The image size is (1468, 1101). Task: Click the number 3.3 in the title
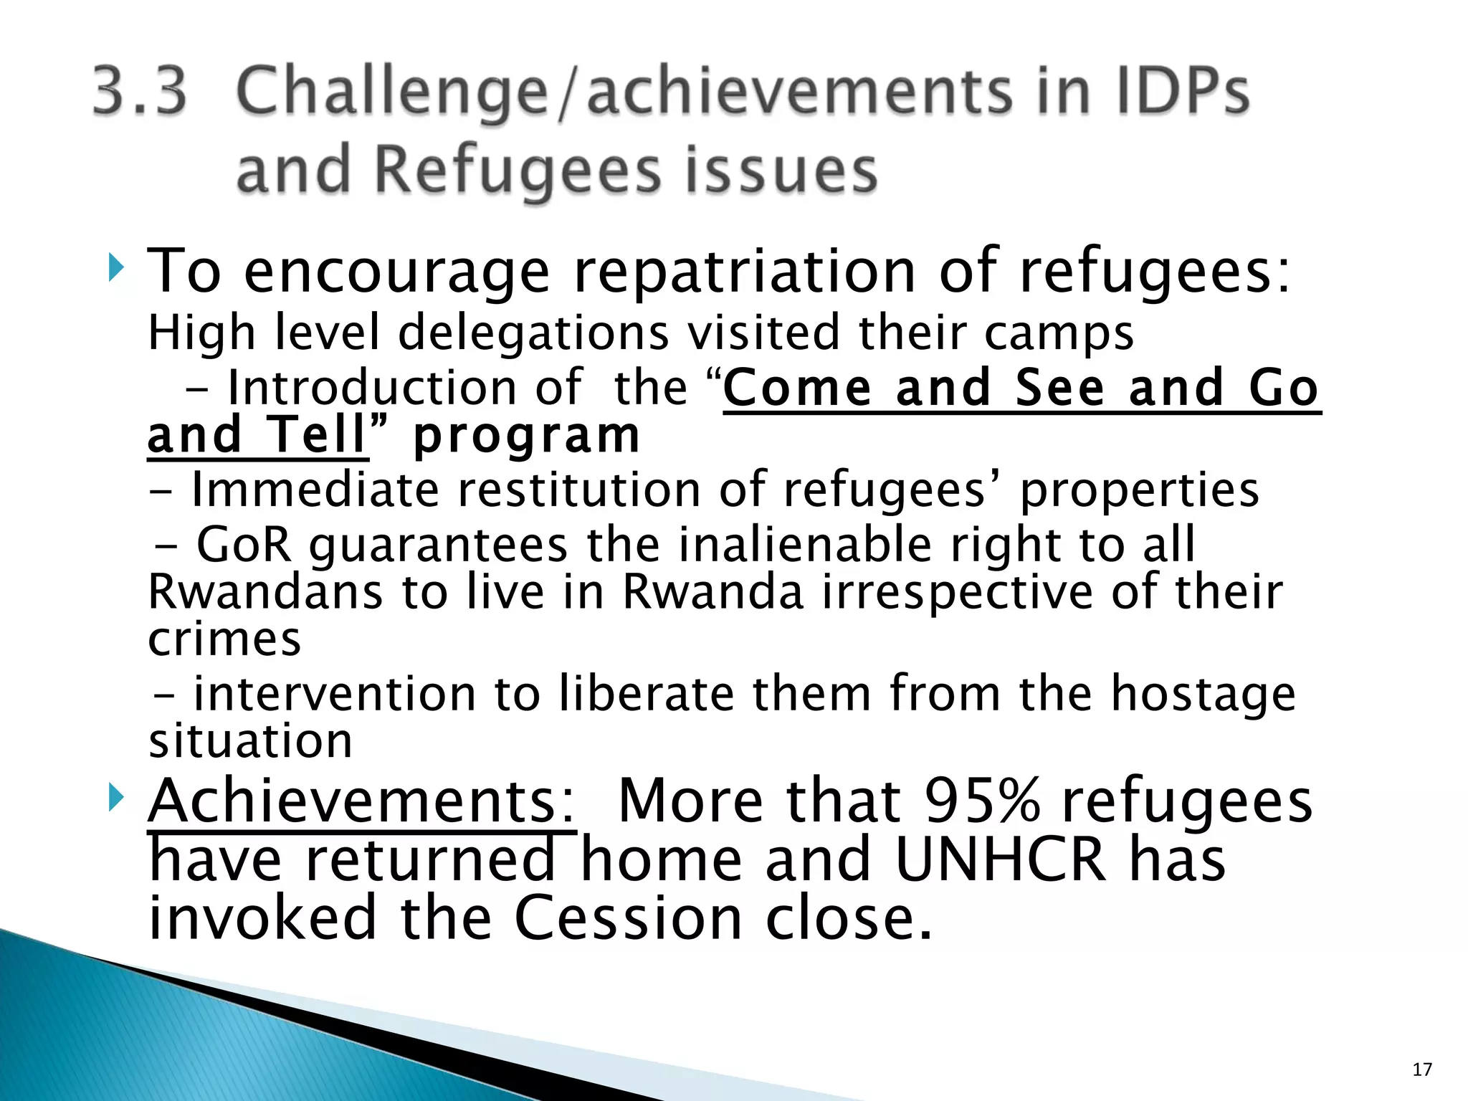[x=140, y=92]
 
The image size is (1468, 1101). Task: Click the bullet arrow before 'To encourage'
[x=116, y=271]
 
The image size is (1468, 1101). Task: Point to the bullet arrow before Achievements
[x=116, y=799]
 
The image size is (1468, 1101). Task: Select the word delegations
[x=533, y=334]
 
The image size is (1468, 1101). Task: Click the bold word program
[x=526, y=437]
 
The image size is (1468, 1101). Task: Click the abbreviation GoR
[x=244, y=545]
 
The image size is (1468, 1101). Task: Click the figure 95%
[x=981, y=801]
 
